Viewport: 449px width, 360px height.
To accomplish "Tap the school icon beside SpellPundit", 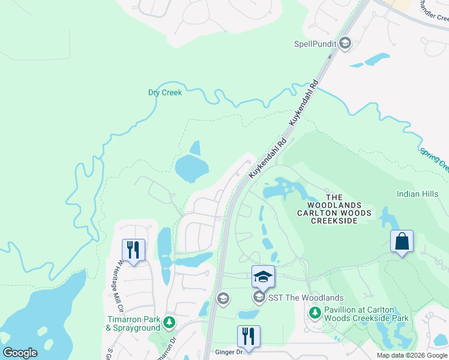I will (345, 43).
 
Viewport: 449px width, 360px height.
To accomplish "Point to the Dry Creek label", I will (164, 92).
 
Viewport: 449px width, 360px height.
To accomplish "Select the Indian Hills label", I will (417, 194).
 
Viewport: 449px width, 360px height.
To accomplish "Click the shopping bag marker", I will (402, 241).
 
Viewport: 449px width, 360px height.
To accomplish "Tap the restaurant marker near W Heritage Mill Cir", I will (133, 250).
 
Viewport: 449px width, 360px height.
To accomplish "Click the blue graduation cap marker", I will (262, 277).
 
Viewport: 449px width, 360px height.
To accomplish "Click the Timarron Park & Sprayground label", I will (133, 323).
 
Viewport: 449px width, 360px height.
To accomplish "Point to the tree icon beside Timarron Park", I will (170, 323).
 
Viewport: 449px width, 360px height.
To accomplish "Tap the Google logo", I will (20, 353).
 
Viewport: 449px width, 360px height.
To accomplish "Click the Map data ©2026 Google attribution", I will (411, 355).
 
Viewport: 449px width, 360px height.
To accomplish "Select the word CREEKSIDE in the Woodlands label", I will (334, 221).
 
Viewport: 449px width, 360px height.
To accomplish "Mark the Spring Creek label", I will (435, 158).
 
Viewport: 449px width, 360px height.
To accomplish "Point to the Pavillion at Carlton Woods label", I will (366, 314).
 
